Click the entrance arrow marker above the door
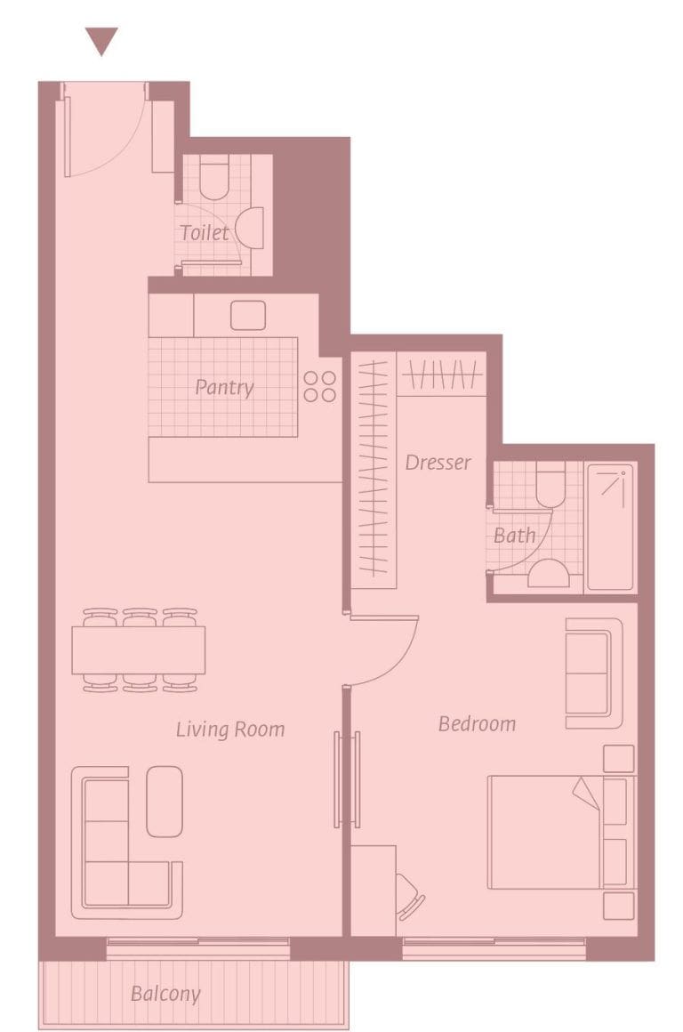click(x=101, y=40)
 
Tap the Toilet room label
click(x=205, y=233)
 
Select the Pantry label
click(x=224, y=388)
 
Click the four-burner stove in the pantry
click(x=320, y=386)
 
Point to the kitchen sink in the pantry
click(x=247, y=315)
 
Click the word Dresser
click(x=438, y=463)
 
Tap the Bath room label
click(x=514, y=536)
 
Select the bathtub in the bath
click(x=611, y=526)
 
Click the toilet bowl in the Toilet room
click(x=213, y=177)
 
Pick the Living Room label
click(x=230, y=730)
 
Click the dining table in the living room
click(x=139, y=649)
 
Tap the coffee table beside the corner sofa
click(x=165, y=801)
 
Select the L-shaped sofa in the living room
click(x=116, y=854)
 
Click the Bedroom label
click(x=477, y=724)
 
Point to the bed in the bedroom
click(x=551, y=832)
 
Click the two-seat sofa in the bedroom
click(x=592, y=673)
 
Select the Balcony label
click(x=165, y=994)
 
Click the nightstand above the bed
click(x=618, y=759)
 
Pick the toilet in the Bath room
click(x=550, y=480)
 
